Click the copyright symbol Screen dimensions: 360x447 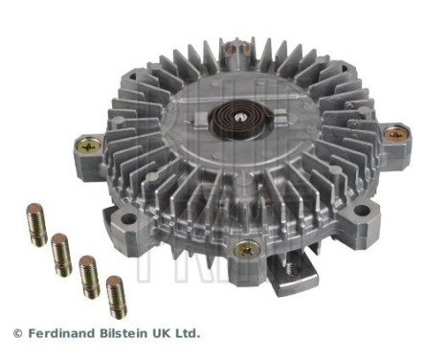click(x=16, y=333)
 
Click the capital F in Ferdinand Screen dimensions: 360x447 click(x=31, y=333)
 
